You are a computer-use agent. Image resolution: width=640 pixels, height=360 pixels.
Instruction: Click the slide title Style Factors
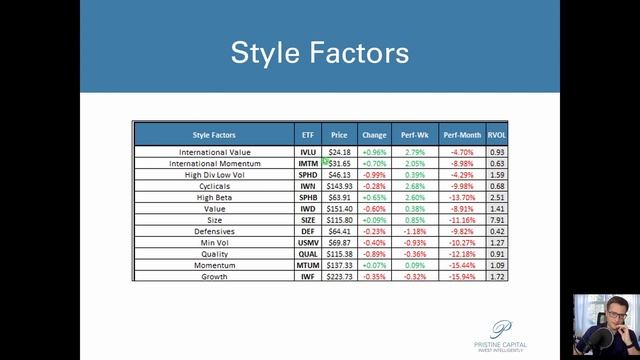click(319, 52)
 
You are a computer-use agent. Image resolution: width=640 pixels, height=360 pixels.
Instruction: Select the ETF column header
click(307, 134)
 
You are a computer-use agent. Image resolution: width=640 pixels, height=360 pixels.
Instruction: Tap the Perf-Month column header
click(461, 134)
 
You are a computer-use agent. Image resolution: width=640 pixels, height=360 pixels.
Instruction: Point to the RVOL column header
click(497, 134)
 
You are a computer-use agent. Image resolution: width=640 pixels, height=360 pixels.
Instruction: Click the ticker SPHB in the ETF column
click(307, 197)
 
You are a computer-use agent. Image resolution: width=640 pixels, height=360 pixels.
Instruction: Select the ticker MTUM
click(307, 265)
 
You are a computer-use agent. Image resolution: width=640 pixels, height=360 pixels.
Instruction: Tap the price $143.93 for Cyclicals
click(340, 186)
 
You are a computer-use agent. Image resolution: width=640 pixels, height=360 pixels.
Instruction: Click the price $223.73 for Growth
click(340, 276)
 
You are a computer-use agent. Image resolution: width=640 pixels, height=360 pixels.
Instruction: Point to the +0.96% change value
click(374, 152)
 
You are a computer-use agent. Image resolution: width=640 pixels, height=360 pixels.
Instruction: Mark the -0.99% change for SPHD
click(374, 175)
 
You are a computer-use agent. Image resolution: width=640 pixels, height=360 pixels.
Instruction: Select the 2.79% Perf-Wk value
click(415, 152)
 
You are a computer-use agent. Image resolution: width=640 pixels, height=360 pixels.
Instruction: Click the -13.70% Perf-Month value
click(461, 197)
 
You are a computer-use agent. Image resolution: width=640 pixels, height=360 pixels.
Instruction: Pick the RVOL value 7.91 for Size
click(497, 220)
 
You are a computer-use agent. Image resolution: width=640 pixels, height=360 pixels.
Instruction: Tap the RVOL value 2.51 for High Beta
click(497, 197)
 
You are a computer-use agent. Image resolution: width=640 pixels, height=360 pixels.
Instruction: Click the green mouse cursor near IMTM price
click(326, 160)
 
